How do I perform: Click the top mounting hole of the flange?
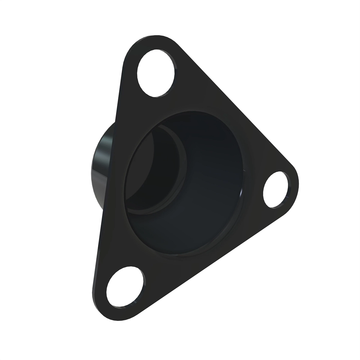156,73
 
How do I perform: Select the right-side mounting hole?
275,190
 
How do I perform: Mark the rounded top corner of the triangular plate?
150,40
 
